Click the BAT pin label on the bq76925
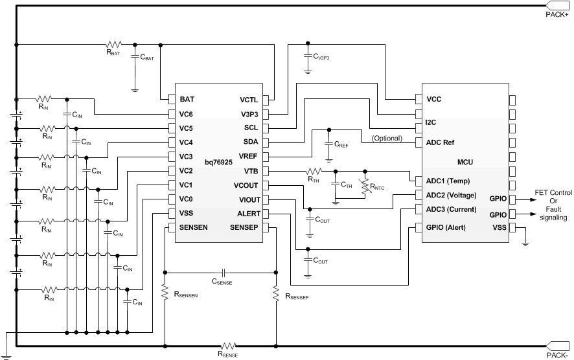tap(187, 100)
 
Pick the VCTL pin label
tap(249, 100)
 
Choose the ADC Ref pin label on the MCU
tap(443, 142)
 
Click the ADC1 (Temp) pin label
tap(452, 181)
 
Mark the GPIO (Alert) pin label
tap(451, 227)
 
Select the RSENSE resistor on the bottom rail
tap(228, 346)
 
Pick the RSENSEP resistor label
tap(297, 297)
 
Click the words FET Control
tap(554, 194)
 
